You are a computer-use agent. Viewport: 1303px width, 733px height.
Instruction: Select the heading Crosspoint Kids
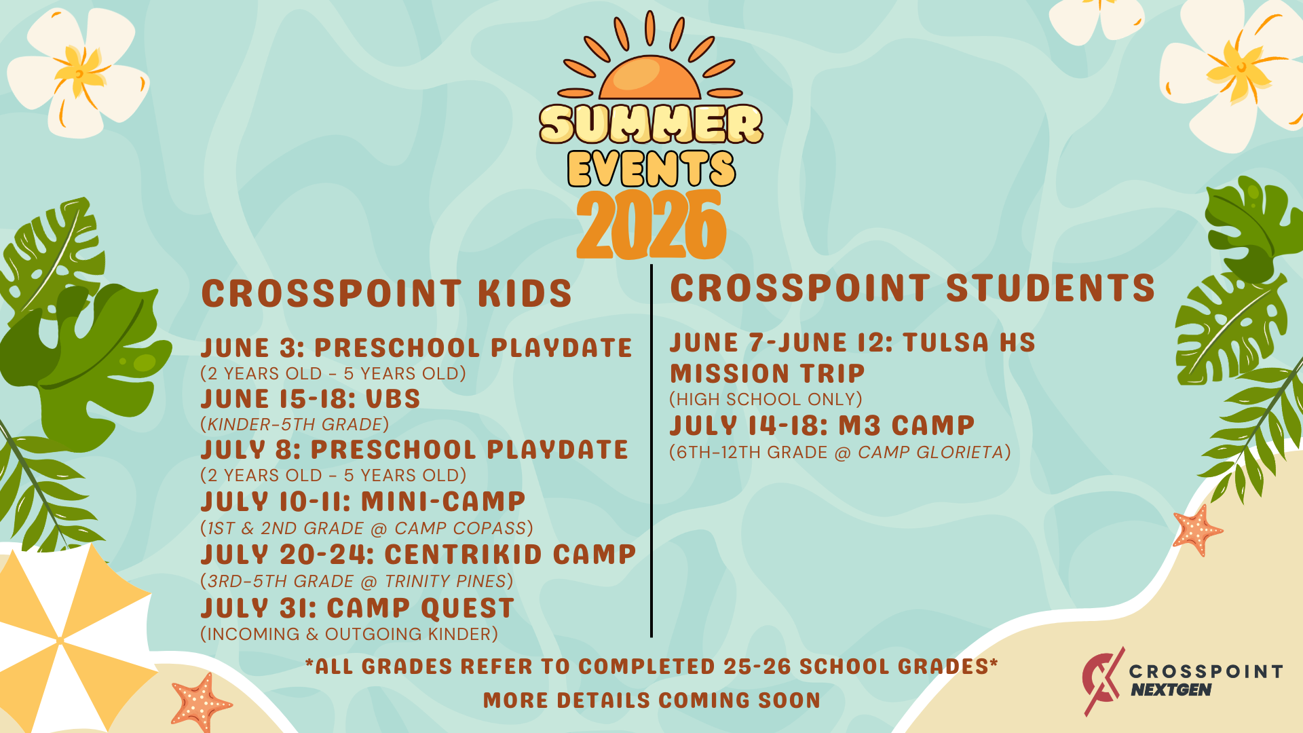click(x=387, y=294)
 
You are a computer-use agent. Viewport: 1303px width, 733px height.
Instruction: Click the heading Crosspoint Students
click(x=912, y=288)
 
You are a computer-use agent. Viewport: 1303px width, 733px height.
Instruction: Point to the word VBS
click(x=393, y=399)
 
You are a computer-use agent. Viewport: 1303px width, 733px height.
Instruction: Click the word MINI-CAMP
click(x=443, y=502)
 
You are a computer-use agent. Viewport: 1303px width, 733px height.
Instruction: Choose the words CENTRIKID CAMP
click(x=510, y=555)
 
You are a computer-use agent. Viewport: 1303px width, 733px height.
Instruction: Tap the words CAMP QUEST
click(x=421, y=608)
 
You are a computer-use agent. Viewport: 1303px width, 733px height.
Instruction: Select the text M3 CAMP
click(x=907, y=426)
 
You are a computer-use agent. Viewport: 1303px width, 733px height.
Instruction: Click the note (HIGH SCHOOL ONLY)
click(x=766, y=399)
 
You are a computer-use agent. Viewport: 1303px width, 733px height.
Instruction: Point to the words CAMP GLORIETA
click(x=930, y=452)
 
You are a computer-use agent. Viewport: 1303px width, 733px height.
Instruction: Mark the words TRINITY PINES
click(x=445, y=581)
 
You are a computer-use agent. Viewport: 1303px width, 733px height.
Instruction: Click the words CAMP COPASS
click(x=461, y=528)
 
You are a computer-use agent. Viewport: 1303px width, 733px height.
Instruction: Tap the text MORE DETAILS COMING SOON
click(x=651, y=700)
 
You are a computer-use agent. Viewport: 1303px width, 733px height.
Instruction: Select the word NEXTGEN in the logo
click(x=1171, y=690)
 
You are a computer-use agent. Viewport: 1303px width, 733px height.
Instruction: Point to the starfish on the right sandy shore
click(x=1198, y=530)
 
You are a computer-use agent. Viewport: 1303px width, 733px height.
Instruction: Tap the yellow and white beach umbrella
click(x=68, y=638)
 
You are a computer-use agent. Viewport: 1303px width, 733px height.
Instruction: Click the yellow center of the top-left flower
click(x=81, y=73)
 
